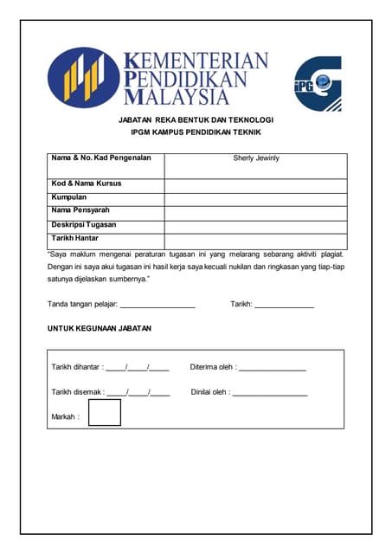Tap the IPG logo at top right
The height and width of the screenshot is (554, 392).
pos(318,83)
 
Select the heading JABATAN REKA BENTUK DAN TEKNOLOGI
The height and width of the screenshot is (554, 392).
pos(196,119)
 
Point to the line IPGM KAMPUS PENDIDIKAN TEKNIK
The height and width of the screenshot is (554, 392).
pos(196,132)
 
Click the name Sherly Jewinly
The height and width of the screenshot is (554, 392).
pos(256,158)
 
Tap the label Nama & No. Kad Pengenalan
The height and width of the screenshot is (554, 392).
pos(101,158)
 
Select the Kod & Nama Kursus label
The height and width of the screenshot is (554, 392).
pos(87,184)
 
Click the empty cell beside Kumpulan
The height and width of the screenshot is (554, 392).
pos(256,198)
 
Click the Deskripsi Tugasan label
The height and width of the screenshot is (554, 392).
pos(84,224)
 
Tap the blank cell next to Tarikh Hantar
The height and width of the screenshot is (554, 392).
pos(256,239)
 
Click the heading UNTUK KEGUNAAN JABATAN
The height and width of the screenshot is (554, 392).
pos(100,329)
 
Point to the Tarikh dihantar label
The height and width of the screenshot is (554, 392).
pos(77,368)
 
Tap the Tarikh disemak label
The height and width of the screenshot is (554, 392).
pos(78,392)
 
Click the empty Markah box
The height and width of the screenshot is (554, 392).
pos(105,413)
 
